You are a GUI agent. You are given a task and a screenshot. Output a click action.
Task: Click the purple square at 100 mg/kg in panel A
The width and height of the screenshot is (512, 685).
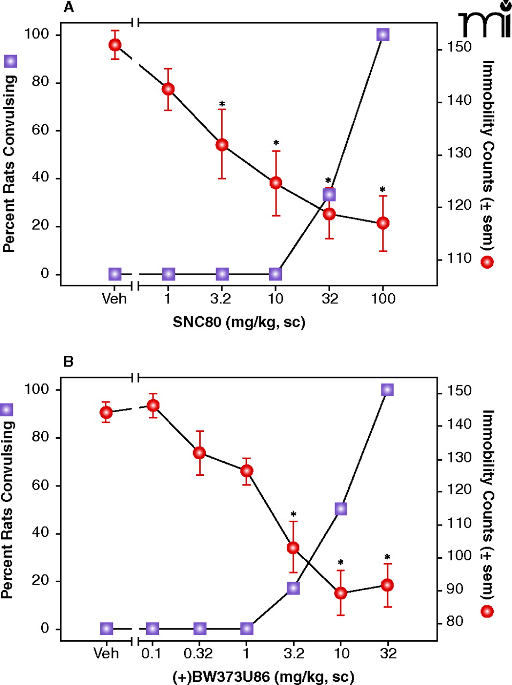click(383, 35)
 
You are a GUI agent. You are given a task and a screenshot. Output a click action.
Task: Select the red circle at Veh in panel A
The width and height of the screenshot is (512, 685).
click(114, 45)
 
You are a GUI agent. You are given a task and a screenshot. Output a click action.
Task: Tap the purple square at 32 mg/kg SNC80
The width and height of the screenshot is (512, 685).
click(329, 195)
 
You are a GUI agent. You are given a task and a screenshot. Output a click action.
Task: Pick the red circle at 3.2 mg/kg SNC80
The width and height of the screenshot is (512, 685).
click(222, 144)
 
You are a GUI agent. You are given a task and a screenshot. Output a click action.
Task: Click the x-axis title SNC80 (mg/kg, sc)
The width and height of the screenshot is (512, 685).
click(239, 322)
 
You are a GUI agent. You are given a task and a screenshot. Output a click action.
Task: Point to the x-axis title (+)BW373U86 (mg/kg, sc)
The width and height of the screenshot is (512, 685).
click(263, 677)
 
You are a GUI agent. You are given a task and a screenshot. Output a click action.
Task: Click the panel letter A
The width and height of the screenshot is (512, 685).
click(68, 7)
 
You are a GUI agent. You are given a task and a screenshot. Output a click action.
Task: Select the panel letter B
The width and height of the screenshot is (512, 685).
click(68, 362)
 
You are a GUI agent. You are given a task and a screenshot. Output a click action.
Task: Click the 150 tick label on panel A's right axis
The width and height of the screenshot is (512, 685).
click(460, 47)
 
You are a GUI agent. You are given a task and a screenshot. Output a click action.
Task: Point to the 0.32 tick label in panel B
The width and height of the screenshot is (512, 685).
click(198, 653)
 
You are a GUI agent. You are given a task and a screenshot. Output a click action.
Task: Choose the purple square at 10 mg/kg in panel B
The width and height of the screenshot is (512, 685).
click(341, 509)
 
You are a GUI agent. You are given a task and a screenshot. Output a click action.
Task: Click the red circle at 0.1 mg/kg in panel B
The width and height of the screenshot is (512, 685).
click(153, 406)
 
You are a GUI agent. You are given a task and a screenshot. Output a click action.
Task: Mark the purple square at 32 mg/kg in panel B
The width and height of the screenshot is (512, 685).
click(387, 390)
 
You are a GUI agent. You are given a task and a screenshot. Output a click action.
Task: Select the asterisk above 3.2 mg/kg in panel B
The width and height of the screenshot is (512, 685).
click(293, 515)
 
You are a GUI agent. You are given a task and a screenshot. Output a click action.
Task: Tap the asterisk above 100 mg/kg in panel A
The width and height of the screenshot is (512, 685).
click(383, 190)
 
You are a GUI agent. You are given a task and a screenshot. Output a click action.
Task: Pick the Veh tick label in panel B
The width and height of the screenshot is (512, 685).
click(106, 653)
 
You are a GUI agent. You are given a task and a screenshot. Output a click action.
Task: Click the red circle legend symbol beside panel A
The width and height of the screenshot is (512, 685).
click(487, 262)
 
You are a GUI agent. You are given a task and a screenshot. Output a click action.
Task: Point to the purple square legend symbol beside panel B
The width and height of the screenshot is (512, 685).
click(6, 410)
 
